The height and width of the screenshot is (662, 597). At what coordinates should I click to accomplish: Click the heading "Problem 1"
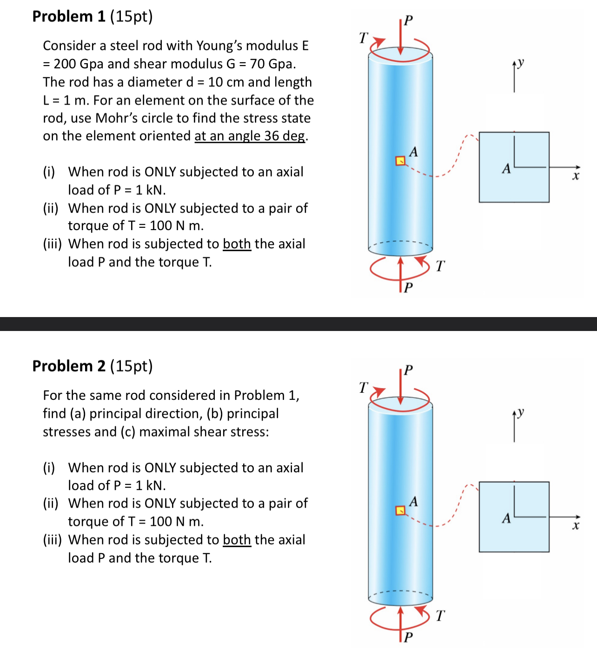pyautogui.click(x=69, y=16)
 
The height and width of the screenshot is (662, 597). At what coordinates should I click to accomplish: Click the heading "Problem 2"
pyautogui.click(x=69, y=366)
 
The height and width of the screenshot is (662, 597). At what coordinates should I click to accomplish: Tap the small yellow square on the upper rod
pyautogui.click(x=400, y=161)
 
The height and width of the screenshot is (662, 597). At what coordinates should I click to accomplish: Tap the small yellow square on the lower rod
pyautogui.click(x=400, y=510)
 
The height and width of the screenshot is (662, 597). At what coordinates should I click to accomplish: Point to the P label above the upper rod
pyautogui.click(x=408, y=20)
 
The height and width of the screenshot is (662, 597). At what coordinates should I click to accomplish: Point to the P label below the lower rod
pyautogui.click(x=408, y=636)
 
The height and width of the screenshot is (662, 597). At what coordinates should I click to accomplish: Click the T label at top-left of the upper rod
pyautogui.click(x=364, y=38)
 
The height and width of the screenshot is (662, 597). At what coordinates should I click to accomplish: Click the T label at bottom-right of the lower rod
pyautogui.click(x=440, y=616)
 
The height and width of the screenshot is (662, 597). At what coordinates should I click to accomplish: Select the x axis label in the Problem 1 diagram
pyautogui.click(x=576, y=176)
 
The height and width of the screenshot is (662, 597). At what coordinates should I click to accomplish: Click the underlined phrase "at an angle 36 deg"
pyautogui.click(x=250, y=136)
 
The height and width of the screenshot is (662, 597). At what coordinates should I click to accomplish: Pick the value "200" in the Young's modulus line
pyautogui.click(x=65, y=64)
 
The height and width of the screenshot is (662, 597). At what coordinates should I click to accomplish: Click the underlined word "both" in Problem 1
pyautogui.click(x=237, y=244)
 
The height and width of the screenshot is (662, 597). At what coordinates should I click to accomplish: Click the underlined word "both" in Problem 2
pyautogui.click(x=237, y=540)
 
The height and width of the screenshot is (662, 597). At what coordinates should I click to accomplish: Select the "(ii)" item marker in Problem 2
pyautogui.click(x=51, y=503)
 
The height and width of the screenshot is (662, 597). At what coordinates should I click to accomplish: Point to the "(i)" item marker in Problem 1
pyautogui.click(x=49, y=172)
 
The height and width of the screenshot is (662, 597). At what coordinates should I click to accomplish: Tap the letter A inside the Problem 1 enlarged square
pyautogui.click(x=506, y=168)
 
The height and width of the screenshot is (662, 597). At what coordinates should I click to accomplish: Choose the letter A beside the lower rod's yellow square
pyautogui.click(x=413, y=501)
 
